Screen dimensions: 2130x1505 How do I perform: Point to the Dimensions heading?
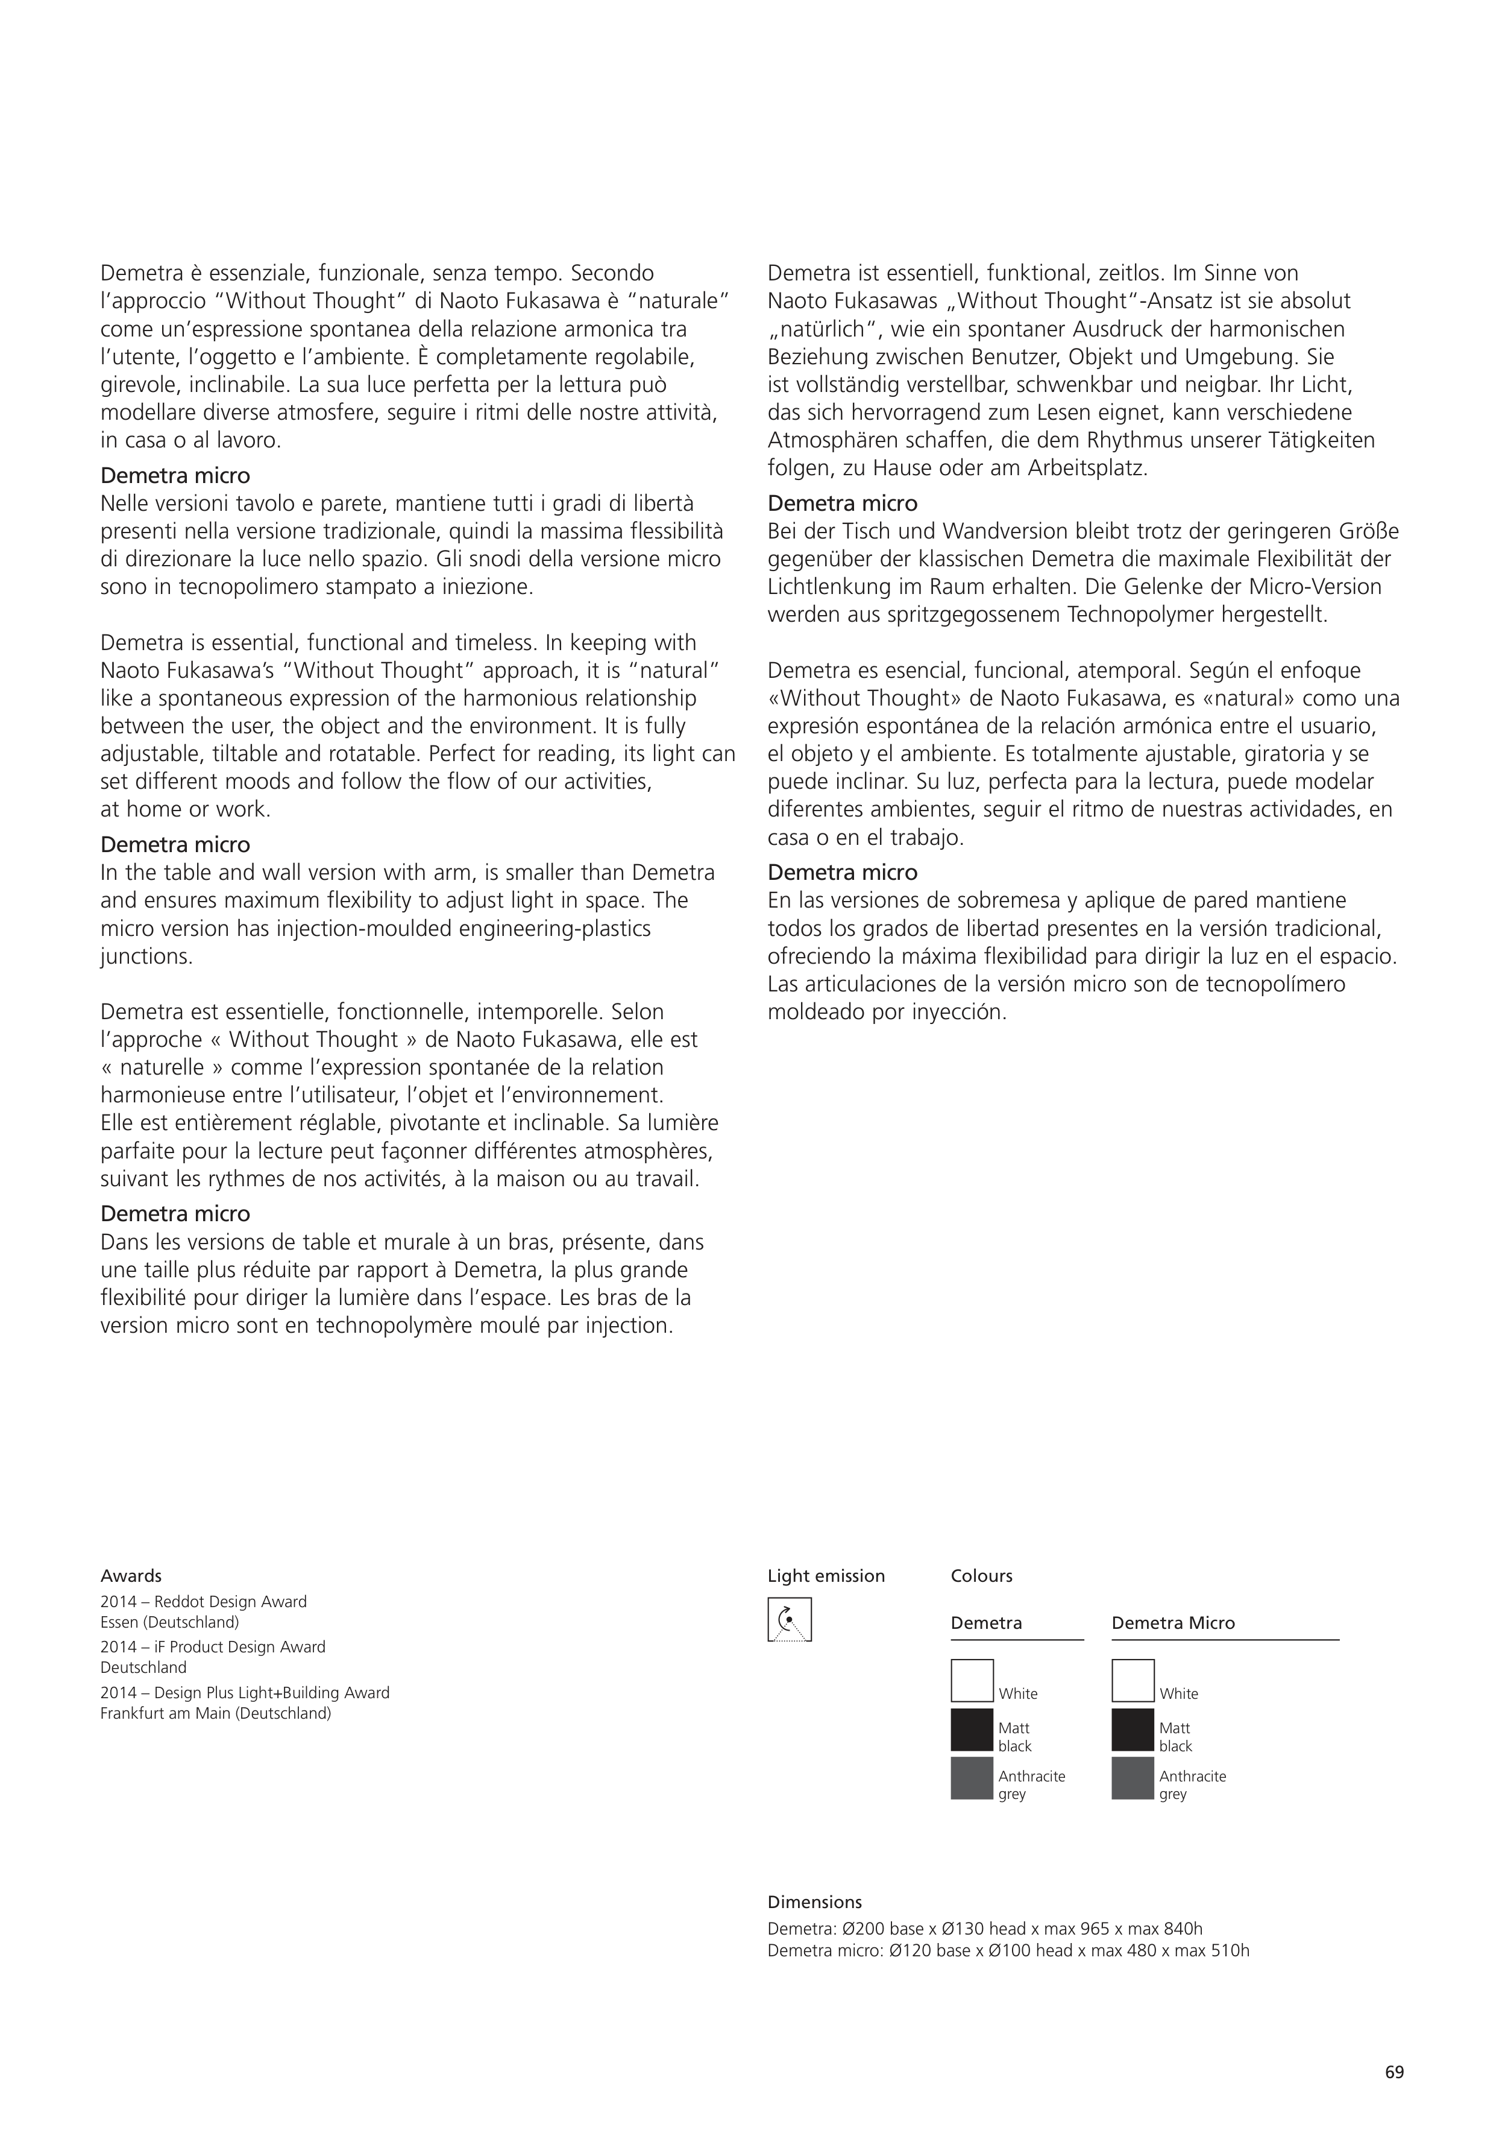(x=814, y=1902)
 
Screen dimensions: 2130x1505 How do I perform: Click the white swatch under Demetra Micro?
(x=1133, y=1680)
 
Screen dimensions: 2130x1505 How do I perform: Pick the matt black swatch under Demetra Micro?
(x=1133, y=1729)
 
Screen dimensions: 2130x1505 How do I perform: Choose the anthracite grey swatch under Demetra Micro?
(x=1133, y=1777)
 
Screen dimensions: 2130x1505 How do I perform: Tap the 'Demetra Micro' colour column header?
(x=1173, y=1623)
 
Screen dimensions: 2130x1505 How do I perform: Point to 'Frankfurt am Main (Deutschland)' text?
(x=215, y=1713)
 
